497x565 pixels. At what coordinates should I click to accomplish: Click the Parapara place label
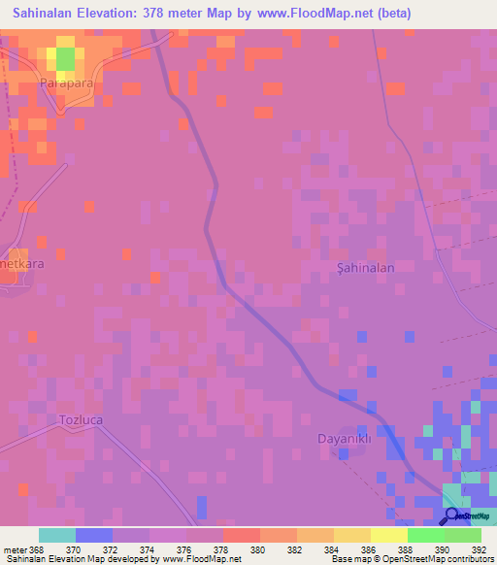pyautogui.click(x=67, y=84)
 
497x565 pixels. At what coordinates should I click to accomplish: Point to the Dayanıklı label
pyautogui.click(x=346, y=438)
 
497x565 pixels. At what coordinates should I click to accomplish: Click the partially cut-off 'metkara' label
pyautogui.click(x=19, y=262)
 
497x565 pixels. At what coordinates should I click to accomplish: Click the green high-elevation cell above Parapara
pyautogui.click(x=65, y=58)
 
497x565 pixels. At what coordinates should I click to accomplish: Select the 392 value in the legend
pyautogui.click(x=479, y=548)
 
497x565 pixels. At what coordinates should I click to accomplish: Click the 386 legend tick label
pyautogui.click(x=369, y=548)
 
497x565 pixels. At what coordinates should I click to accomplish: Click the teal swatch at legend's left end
pyautogui.click(x=56, y=535)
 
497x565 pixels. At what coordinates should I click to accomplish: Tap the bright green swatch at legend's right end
pyautogui.click(x=462, y=535)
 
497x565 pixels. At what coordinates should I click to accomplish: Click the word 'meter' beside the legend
pyautogui.click(x=14, y=548)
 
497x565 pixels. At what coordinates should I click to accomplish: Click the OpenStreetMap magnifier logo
pyautogui.click(x=452, y=515)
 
